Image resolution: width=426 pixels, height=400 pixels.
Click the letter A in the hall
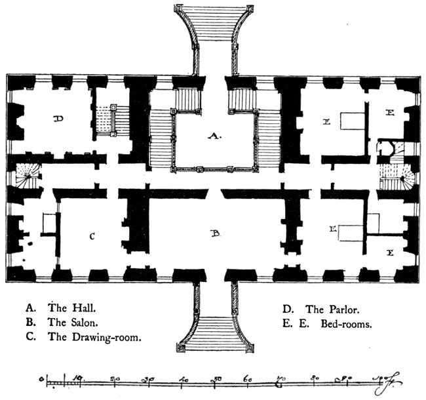(213, 136)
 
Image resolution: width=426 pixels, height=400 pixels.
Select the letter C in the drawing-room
(92, 235)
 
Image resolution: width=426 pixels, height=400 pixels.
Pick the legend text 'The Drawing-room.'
(94, 338)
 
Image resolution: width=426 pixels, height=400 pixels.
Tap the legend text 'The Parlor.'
(333, 309)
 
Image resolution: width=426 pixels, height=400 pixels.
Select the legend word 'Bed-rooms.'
(346, 324)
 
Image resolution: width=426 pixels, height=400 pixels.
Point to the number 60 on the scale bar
(248, 378)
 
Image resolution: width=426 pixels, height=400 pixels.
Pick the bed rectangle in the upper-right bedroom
(351, 122)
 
